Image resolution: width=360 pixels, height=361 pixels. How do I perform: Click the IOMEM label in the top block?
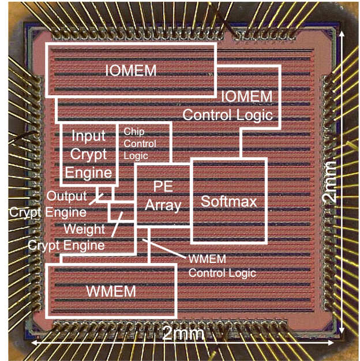[132, 70]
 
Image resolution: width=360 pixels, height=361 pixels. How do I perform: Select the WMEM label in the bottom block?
[111, 291]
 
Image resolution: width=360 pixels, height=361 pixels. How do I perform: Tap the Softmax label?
[228, 202]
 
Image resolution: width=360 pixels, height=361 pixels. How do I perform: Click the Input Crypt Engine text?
[88, 153]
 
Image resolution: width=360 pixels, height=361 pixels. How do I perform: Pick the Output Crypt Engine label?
[48, 204]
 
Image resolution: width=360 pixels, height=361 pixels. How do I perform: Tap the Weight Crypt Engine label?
[67, 237]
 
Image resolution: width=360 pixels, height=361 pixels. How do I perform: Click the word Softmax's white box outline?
[267, 202]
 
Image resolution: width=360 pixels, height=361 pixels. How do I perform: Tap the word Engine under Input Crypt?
[88, 172]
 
